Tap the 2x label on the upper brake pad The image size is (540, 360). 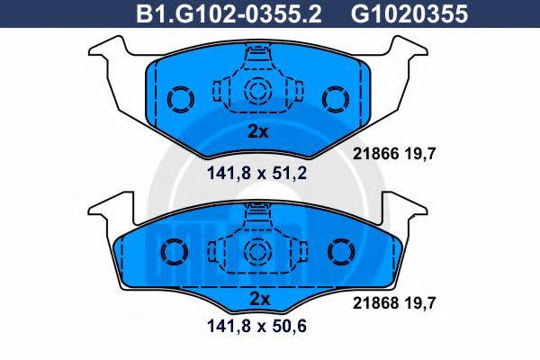(258, 131)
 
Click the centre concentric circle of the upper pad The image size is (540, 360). (258, 90)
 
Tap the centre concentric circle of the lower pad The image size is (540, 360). (258, 248)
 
